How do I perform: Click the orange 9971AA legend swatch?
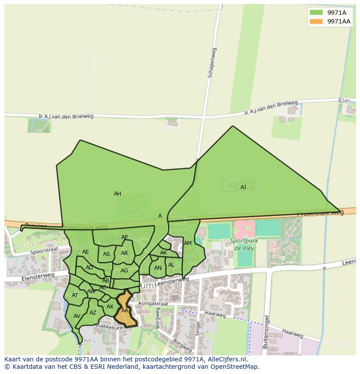coord(316,22)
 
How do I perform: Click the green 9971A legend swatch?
coord(316,13)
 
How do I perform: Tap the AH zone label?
coord(117,194)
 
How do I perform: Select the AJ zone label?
coord(243,187)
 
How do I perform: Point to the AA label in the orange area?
coord(125,311)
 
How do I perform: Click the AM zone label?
coord(188,243)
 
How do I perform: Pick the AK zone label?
coord(163,253)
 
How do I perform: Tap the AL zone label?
coord(171,265)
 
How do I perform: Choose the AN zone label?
coord(158,268)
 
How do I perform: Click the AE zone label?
coord(85,252)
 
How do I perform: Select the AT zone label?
coord(75,295)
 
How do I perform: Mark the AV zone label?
coord(77,316)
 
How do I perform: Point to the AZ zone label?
coord(93,313)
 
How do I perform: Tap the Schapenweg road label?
coord(211,63)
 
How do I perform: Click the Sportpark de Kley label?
coord(244,245)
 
